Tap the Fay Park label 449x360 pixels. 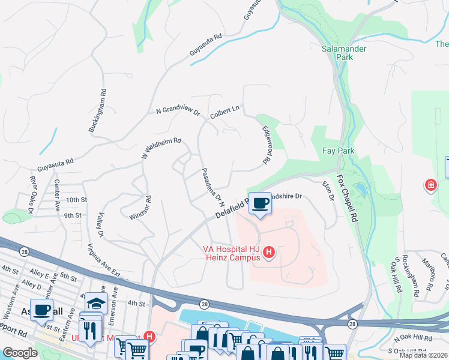(339, 151)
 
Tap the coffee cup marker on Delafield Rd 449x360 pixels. (260, 203)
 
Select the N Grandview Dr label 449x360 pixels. (178, 111)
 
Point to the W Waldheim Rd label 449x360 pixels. (161, 145)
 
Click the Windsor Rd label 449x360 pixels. (139, 206)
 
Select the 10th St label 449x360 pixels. (77, 199)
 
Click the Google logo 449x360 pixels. (20, 353)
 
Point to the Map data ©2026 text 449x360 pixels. (423, 355)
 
